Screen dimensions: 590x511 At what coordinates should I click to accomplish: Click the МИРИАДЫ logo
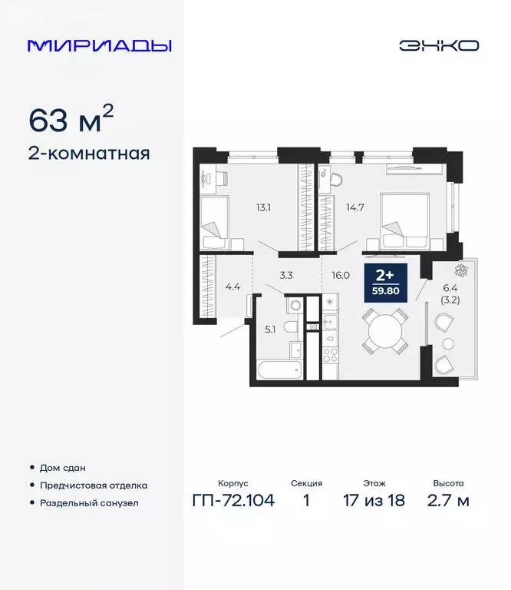(x=99, y=45)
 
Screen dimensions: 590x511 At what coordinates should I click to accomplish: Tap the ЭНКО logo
(x=438, y=45)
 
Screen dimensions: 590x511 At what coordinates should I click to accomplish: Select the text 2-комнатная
(x=89, y=153)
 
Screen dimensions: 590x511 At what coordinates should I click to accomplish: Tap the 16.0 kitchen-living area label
(x=341, y=273)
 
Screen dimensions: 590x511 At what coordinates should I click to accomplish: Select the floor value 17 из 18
(x=374, y=502)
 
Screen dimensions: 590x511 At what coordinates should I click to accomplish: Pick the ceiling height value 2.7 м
(x=447, y=502)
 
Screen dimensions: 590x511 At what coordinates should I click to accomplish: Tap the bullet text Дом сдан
(x=63, y=467)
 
